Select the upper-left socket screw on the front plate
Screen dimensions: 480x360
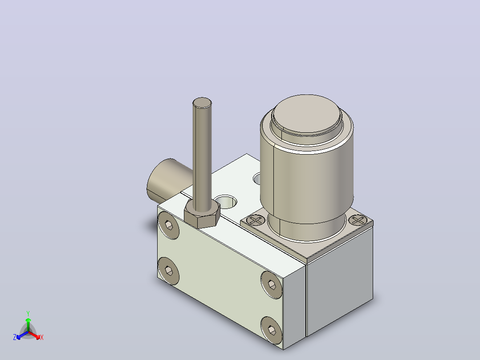pyautogui.click(x=169, y=225)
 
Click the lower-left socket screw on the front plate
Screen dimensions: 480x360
pyautogui.click(x=169, y=271)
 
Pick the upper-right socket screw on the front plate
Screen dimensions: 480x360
pyautogui.click(x=272, y=285)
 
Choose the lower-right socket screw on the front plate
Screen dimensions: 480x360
pyautogui.click(x=272, y=330)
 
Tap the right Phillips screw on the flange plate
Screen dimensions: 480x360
pyautogui.click(x=358, y=220)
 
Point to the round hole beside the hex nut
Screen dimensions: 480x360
pyautogui.click(x=226, y=201)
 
